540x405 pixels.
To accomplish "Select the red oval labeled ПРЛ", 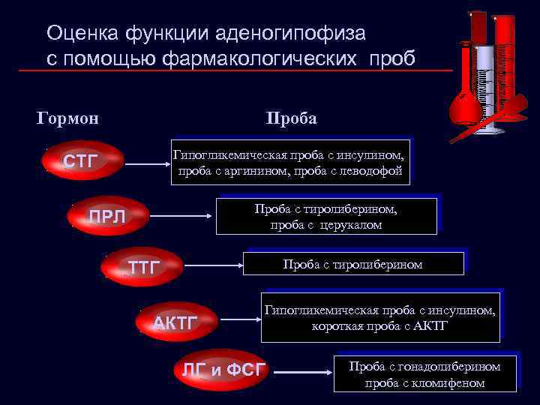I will [x=107, y=217].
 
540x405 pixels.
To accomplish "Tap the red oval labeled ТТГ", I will [x=143, y=265].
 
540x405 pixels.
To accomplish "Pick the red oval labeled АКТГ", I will [x=175, y=323].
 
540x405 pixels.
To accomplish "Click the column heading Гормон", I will [x=68, y=119].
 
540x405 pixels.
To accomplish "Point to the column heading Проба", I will [x=291, y=119].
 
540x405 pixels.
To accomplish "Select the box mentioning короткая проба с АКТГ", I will [x=379, y=318].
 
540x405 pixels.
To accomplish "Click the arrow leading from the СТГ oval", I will [x=146, y=160].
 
